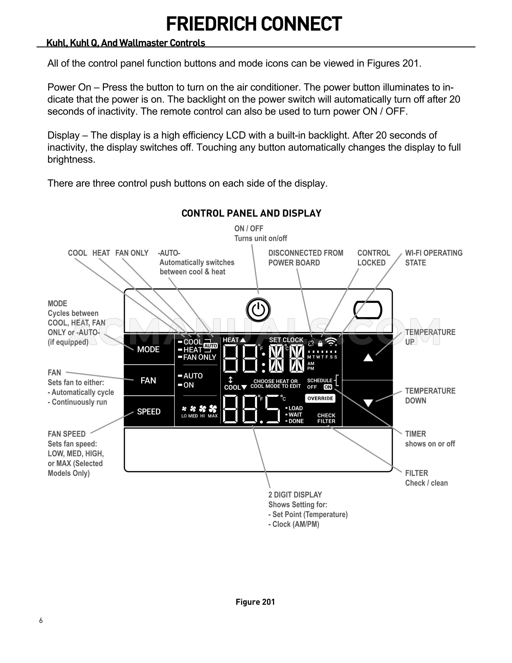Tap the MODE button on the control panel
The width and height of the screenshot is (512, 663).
click(148, 349)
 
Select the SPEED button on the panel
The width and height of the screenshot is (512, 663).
click(149, 412)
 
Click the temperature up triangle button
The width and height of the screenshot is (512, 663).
click(368, 358)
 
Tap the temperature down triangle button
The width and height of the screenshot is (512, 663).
click(368, 403)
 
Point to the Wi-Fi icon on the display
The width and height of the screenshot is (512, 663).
click(331, 342)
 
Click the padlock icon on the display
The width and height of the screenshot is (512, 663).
click(320, 343)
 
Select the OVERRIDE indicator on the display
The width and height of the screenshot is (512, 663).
click(320, 398)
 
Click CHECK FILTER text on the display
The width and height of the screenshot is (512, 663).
click(326, 418)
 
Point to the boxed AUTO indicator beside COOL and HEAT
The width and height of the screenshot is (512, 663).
click(211, 346)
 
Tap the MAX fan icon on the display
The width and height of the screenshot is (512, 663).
click(213, 410)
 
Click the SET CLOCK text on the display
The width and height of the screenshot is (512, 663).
click(286, 340)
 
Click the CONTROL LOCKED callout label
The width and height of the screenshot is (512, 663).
click(373, 258)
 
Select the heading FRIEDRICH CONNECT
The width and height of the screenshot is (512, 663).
click(254, 24)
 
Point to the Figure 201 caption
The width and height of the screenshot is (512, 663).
click(255, 602)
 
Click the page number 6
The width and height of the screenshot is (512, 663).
click(41, 620)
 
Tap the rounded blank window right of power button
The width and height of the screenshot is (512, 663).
click(367, 310)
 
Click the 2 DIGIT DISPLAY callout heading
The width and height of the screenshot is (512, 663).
click(295, 495)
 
